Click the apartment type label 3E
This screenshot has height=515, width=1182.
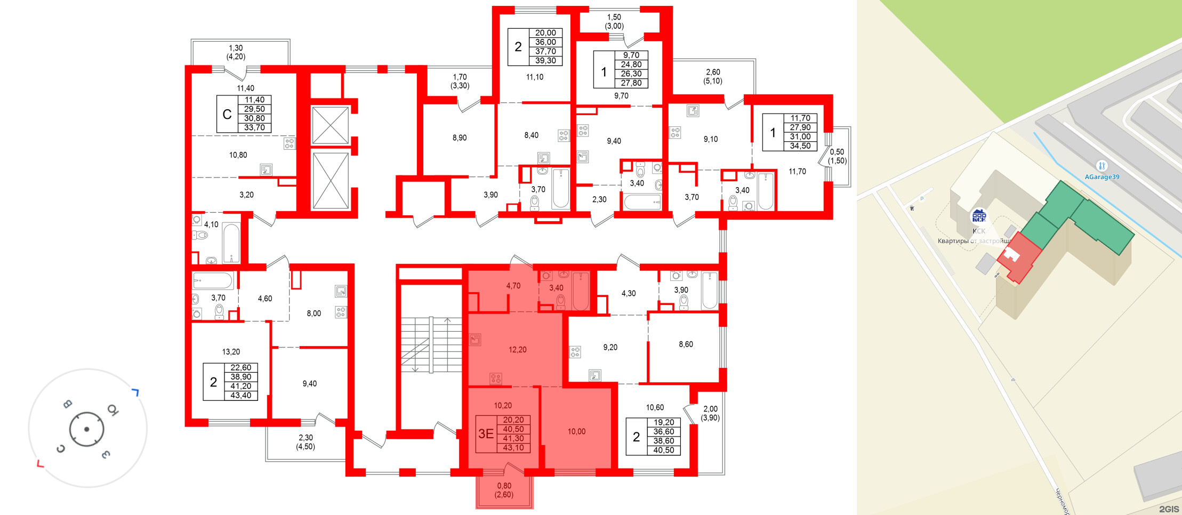pos(486,434)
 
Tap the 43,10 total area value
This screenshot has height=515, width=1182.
pos(513,448)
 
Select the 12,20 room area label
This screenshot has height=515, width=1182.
pos(517,350)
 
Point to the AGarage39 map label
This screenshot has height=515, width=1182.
pos(1102,177)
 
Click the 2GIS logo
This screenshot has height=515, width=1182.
pos(1169,509)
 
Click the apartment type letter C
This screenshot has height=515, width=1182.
pos(227,114)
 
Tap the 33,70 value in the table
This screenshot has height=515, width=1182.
pos(254,128)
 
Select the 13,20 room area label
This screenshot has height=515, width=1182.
pos(231,352)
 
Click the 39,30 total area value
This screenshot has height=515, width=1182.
pos(545,61)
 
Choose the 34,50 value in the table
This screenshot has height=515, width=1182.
pos(800,146)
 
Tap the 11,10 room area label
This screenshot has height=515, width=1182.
pos(535,77)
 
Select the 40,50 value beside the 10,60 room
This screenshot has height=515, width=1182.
pos(664,450)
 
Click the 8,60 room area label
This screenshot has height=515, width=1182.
pos(686,344)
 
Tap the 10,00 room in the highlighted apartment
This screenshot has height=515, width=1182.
pos(576,432)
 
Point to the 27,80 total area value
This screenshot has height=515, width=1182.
pos(631,83)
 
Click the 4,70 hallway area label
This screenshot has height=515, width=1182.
pos(513,286)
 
